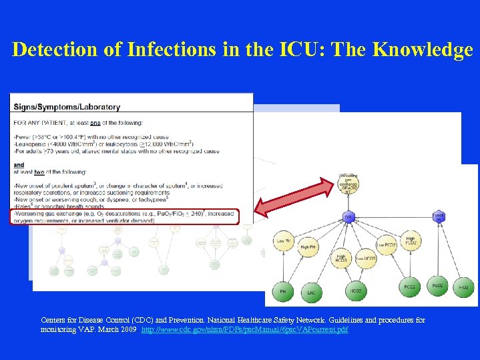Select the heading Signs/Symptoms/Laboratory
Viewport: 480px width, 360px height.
[67, 106]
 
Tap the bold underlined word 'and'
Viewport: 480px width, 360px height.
[19, 165]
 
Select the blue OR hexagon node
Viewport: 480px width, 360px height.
[348, 217]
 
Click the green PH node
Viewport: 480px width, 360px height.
[284, 291]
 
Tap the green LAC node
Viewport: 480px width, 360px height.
[311, 291]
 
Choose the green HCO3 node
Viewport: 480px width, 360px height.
[356, 291]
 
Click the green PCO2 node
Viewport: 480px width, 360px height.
[409, 287]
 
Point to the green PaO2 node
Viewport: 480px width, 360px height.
[437, 287]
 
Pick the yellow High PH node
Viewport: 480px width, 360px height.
[308, 247]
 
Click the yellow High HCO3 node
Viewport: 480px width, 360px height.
[342, 258]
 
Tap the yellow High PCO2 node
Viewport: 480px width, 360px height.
[410, 240]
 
